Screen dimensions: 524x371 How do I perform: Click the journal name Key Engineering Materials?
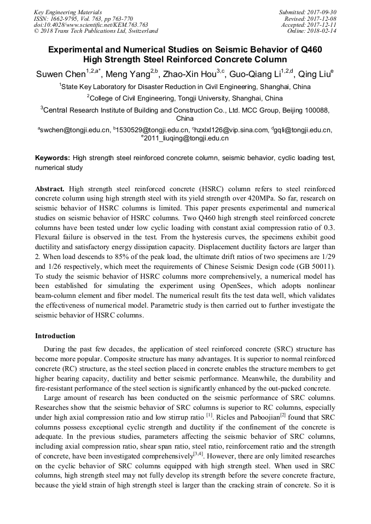[67, 11]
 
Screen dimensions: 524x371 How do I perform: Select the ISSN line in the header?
[83, 18]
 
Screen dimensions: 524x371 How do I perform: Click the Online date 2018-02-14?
[314, 31]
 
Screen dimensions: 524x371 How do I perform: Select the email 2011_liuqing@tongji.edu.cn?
[186, 139]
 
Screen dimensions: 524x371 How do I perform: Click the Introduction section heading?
[55, 335]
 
